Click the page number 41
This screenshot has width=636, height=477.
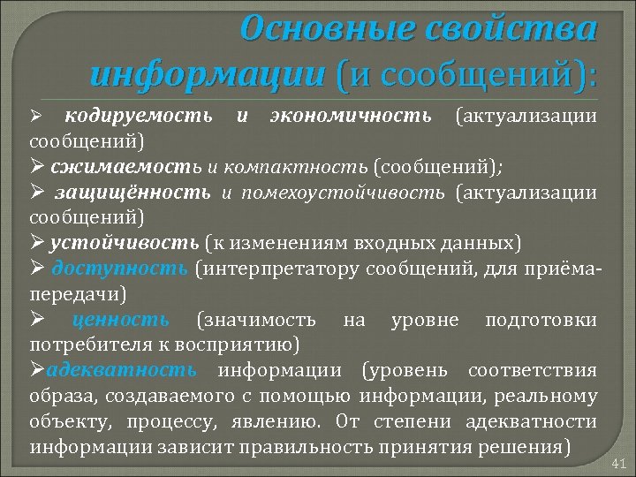point(618,462)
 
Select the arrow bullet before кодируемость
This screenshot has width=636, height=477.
point(37,116)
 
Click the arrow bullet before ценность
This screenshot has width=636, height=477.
point(37,320)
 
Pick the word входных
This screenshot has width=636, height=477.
point(395,243)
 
